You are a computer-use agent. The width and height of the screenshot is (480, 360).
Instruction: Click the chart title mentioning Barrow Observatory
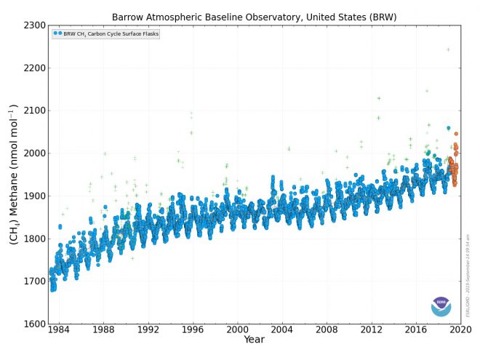click(255, 16)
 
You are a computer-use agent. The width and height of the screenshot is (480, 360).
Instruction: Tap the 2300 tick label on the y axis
click(35, 25)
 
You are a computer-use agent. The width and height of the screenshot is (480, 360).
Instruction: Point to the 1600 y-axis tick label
click(35, 324)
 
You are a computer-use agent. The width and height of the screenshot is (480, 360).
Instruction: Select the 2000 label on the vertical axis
click(35, 153)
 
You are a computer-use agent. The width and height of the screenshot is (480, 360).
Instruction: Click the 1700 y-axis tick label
click(35, 281)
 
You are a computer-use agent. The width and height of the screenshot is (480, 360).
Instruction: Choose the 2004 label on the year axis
click(282, 329)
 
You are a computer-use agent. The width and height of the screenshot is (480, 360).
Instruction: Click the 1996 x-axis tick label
click(193, 329)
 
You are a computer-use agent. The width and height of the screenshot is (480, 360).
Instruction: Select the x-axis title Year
click(254, 340)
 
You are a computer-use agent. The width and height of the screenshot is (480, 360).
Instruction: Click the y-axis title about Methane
click(13, 175)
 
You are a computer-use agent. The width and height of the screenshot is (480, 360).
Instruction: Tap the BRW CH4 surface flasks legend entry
click(106, 33)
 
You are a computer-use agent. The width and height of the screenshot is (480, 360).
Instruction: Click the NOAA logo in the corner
click(441, 306)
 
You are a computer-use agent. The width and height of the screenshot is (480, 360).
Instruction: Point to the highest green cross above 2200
click(448, 49)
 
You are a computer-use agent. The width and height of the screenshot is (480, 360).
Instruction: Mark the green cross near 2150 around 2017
click(427, 91)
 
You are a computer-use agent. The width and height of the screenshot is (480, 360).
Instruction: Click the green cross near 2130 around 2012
click(379, 98)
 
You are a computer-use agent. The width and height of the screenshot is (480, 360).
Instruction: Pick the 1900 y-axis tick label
click(35, 196)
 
